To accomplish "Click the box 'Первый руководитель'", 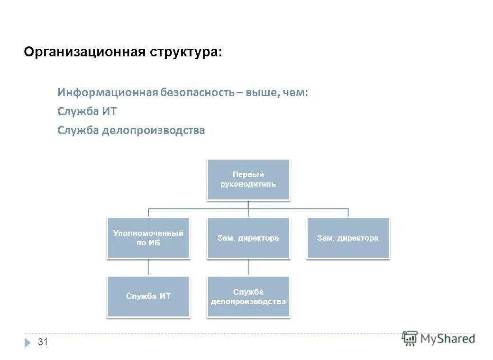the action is coord(248,180).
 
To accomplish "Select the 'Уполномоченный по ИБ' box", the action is coord(148,238).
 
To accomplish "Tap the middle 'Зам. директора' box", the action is coord(248,238).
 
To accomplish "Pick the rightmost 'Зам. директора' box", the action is coord(347,238).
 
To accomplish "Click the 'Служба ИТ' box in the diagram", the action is coord(148,297).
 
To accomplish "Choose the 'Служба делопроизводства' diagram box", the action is coord(248,297).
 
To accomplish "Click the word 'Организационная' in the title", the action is coord(84,52).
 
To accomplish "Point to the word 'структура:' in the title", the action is coord(186,52).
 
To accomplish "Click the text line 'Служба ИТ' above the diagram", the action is coord(87,112).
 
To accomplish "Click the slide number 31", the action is coord(43,342).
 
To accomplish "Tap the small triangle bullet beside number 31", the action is coord(27,342).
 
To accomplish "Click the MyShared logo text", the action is coord(447,339).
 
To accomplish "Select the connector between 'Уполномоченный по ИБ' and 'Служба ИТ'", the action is coord(148,267).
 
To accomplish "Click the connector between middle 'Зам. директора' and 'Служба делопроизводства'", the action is coord(248,267).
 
